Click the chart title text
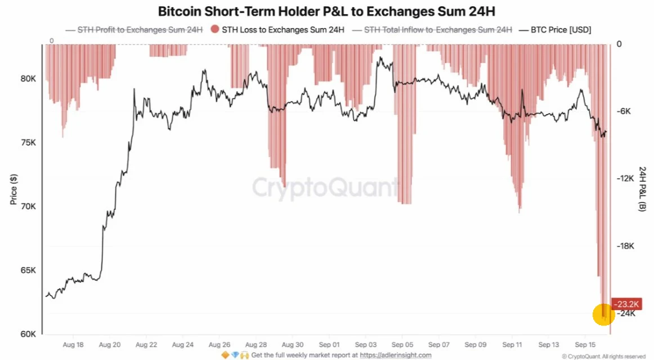326,11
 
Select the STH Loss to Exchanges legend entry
278,30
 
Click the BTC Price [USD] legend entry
555,30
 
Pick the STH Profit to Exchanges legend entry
135,30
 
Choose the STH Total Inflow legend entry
432,30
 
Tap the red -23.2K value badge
626,304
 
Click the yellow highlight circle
603,314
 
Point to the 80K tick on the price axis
28,79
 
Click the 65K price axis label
28,271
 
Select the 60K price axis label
28,334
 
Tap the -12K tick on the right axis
626,178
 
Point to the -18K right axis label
626,246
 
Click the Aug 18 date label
73,345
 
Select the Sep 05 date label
402,345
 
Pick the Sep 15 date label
585,345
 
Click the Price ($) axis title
14,190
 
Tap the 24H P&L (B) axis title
642,189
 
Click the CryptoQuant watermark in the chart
325,187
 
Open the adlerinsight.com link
396,355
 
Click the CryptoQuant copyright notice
603,356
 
